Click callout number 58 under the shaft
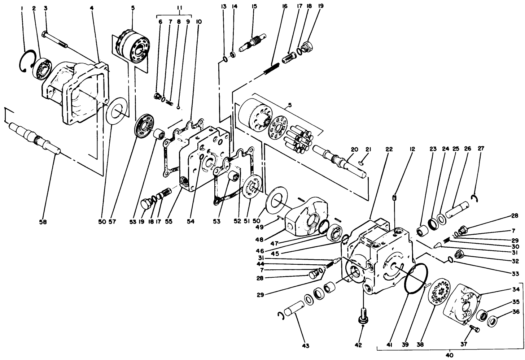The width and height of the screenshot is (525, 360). (x=43, y=222)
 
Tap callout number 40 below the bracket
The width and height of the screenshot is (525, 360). (x=449, y=355)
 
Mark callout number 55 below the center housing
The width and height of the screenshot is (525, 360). (x=169, y=222)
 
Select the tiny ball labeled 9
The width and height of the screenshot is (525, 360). (x=179, y=107)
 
